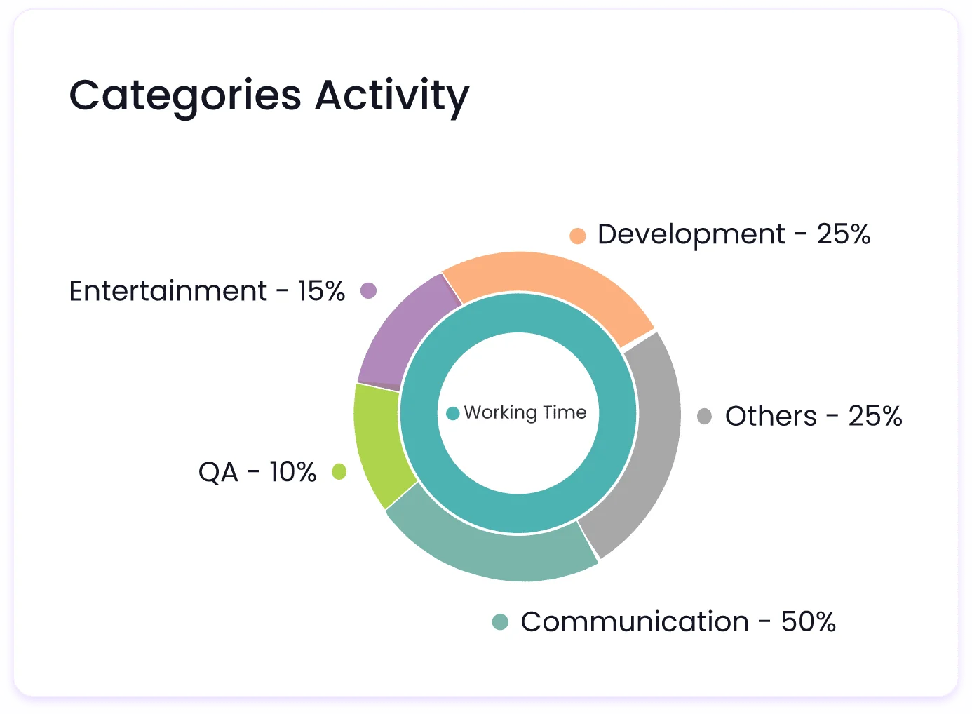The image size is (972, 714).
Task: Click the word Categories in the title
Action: point(185,96)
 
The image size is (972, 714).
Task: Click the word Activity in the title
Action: point(392,96)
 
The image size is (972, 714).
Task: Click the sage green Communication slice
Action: point(491,550)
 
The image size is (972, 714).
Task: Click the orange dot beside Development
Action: point(577,236)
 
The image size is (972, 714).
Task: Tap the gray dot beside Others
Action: point(704,417)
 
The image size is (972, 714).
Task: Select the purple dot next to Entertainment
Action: point(368,290)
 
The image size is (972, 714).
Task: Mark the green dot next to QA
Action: point(339,472)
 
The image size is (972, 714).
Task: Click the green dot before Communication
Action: point(500,622)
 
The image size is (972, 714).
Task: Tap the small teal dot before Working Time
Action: point(453,413)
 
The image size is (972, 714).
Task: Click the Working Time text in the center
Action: point(525,412)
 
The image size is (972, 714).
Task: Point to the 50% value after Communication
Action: point(808,622)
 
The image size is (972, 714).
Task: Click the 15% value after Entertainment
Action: point(321,291)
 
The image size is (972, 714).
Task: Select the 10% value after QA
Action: point(292,472)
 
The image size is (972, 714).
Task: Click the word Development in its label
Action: point(691,235)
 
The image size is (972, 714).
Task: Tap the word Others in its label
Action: point(770,417)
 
